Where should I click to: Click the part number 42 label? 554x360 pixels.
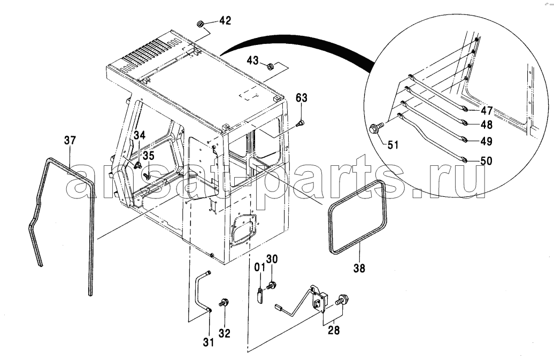pyautogui.click(x=225, y=20)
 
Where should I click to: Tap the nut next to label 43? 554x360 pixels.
pyautogui.click(x=270, y=66)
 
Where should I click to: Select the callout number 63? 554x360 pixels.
pyautogui.click(x=302, y=98)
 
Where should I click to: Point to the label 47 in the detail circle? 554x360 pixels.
pyautogui.click(x=487, y=111)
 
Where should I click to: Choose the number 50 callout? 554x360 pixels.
pyautogui.click(x=487, y=161)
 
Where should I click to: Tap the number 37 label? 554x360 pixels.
pyautogui.click(x=70, y=140)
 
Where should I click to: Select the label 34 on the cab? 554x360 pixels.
pyautogui.click(x=139, y=135)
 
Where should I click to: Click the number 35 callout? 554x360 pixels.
pyautogui.click(x=149, y=156)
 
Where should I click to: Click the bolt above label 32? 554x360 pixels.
pyautogui.click(x=224, y=303)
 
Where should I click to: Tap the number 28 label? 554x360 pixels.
pyautogui.click(x=334, y=331)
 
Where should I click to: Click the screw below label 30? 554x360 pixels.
pyautogui.click(x=272, y=285)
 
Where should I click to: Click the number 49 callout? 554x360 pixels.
pyautogui.click(x=487, y=141)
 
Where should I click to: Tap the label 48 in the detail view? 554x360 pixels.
pyautogui.click(x=487, y=124)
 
